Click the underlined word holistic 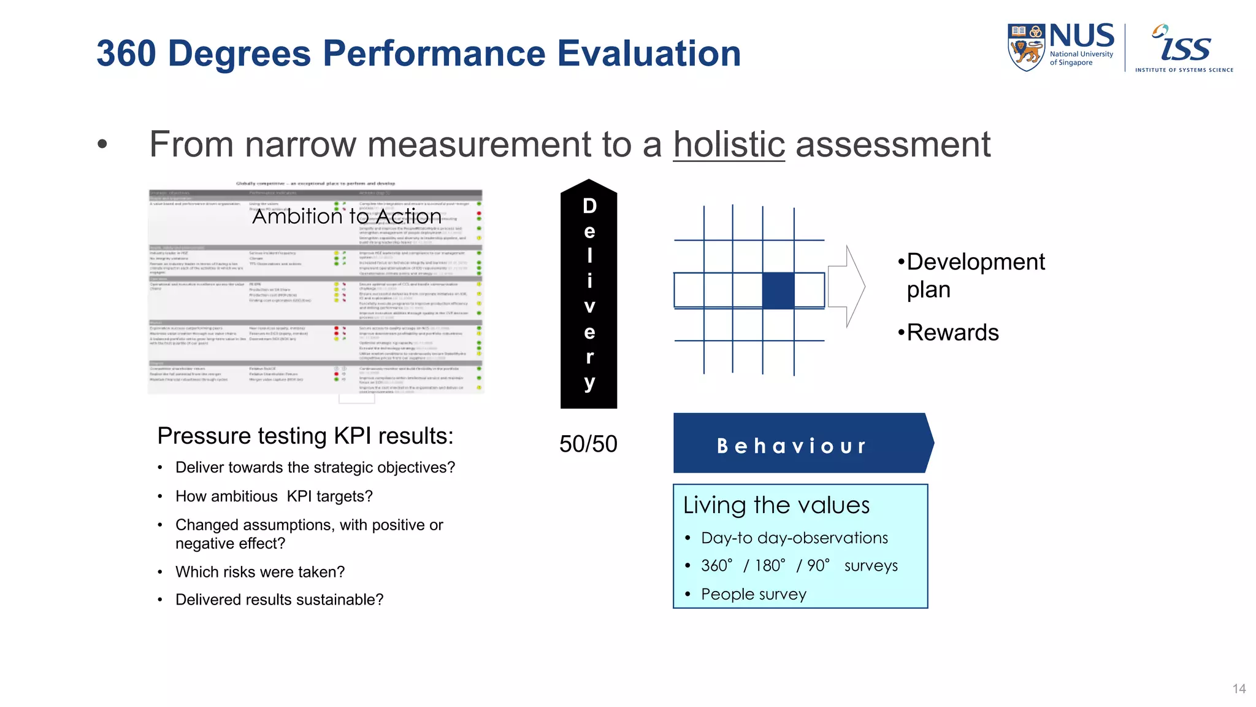729,145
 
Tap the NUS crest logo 1026,48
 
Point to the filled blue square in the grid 778,290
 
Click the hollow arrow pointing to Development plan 847,286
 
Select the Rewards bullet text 952,333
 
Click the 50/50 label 588,444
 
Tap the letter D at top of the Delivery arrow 589,206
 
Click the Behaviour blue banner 797,444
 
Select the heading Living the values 776,505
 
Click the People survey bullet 753,594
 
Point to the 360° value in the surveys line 716,565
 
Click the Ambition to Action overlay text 347,216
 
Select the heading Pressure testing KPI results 305,436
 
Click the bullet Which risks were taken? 259,572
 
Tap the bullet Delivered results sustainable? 279,600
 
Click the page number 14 1238,689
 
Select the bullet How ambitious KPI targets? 274,496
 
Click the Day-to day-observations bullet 794,538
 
